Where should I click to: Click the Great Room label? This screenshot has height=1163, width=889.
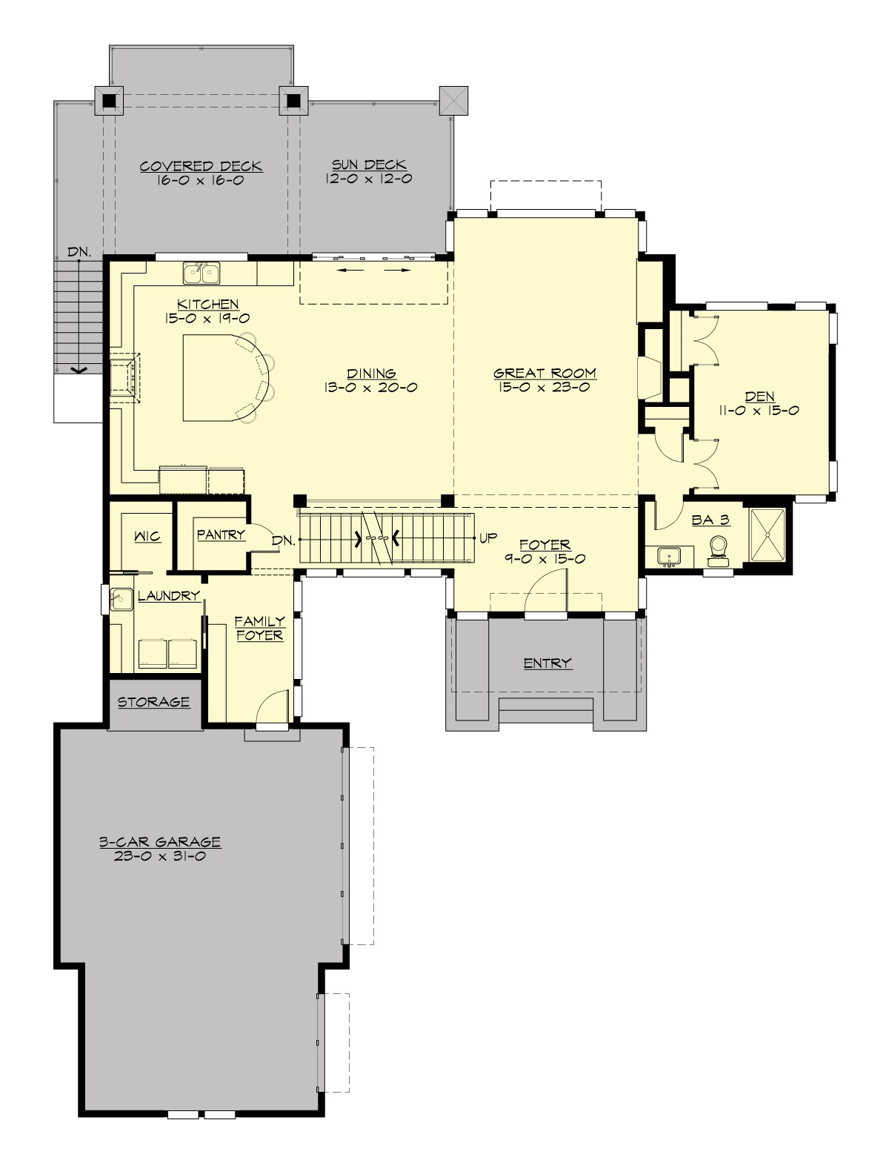coord(545,374)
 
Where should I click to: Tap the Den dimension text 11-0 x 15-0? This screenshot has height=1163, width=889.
coord(758,410)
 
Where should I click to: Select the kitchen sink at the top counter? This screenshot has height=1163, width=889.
coord(201,273)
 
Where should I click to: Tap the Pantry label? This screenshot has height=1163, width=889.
coord(221,534)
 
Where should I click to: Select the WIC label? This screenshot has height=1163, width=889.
coord(147,536)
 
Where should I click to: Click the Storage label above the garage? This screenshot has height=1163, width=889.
coord(153,701)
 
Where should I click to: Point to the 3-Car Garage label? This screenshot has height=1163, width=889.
coord(160,842)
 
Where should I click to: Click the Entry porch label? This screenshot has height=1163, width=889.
coord(547,663)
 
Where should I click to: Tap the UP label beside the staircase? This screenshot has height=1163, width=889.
coord(488,538)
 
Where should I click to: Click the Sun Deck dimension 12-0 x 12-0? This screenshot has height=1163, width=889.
coord(368,179)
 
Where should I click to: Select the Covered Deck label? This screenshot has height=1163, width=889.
coord(201,166)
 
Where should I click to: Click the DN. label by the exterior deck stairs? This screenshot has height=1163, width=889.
coord(79,252)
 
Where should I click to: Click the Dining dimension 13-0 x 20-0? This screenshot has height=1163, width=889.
coord(370,388)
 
